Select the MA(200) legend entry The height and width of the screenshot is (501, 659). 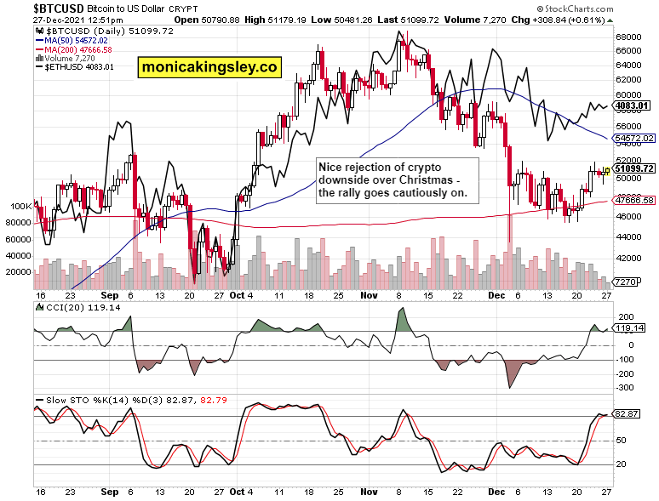[x=77, y=49]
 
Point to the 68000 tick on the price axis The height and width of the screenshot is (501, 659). [x=629, y=37]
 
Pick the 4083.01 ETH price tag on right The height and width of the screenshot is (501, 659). [x=633, y=105]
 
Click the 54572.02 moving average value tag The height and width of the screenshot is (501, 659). [x=635, y=138]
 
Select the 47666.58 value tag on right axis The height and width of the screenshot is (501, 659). [x=635, y=200]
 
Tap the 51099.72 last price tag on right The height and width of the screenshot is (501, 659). [x=635, y=168]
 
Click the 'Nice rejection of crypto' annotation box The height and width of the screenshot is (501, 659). [x=398, y=180]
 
